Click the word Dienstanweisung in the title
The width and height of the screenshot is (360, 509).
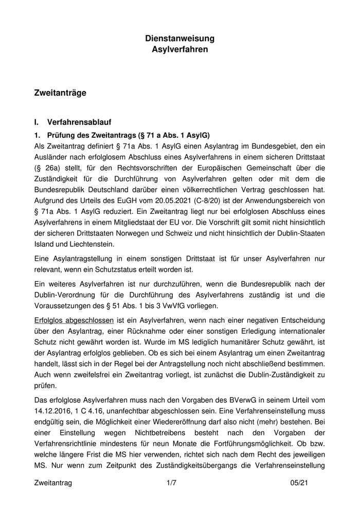coord(179,39)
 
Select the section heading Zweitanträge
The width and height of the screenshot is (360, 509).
coord(60,93)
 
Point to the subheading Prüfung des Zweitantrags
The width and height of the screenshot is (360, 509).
coord(129,136)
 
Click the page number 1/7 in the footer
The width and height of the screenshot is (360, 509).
coord(172,483)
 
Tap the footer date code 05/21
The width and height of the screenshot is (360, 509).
coord(299,483)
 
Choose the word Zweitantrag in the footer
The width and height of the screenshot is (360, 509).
coord(53,483)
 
